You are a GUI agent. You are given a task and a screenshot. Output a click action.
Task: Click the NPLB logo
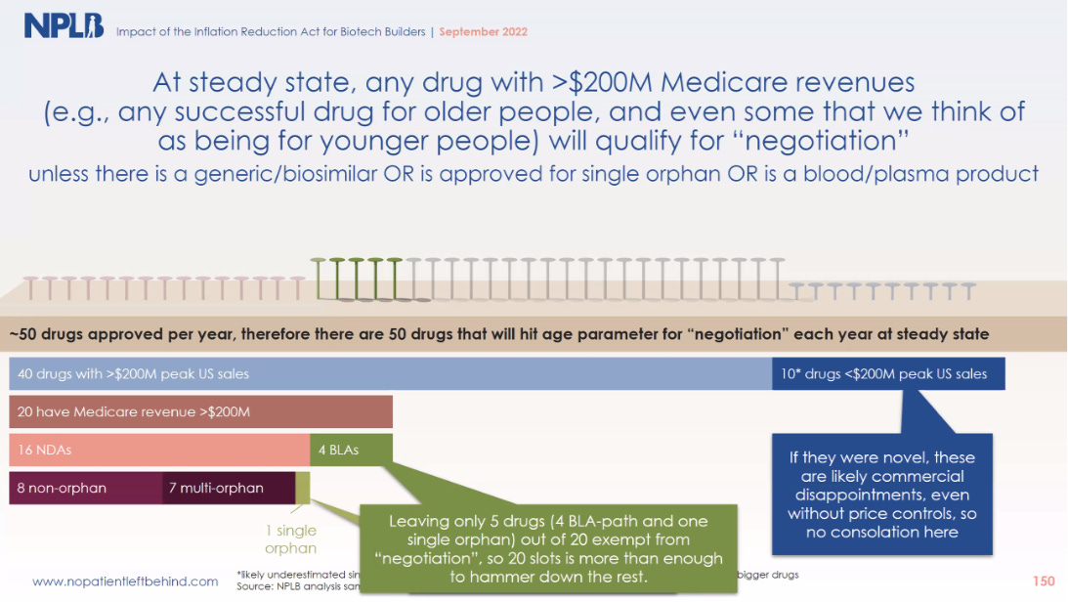pyautogui.click(x=64, y=26)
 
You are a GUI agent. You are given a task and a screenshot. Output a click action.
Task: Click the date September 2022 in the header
pyautogui.click(x=484, y=32)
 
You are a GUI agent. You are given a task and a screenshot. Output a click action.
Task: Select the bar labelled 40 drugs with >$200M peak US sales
pyautogui.click(x=390, y=373)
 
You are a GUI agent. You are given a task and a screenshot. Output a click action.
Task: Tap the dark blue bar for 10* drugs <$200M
pyautogui.click(x=887, y=373)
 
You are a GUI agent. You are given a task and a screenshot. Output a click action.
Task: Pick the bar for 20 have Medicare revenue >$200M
pyautogui.click(x=200, y=411)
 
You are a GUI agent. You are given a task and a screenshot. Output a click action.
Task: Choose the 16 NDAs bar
pyautogui.click(x=159, y=450)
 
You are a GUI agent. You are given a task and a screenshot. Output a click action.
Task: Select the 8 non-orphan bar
pyautogui.click(x=85, y=488)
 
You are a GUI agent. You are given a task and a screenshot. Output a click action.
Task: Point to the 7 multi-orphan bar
pyautogui.click(x=228, y=488)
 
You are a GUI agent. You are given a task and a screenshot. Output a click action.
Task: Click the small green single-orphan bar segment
pyautogui.click(x=303, y=488)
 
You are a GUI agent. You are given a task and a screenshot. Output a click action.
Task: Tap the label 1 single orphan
pyautogui.click(x=292, y=539)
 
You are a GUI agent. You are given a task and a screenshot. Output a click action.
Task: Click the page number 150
pyautogui.click(x=1044, y=581)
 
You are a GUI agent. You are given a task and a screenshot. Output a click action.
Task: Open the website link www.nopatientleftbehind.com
pyautogui.click(x=125, y=581)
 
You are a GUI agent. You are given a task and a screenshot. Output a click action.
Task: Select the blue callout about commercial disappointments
pyautogui.click(x=882, y=494)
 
